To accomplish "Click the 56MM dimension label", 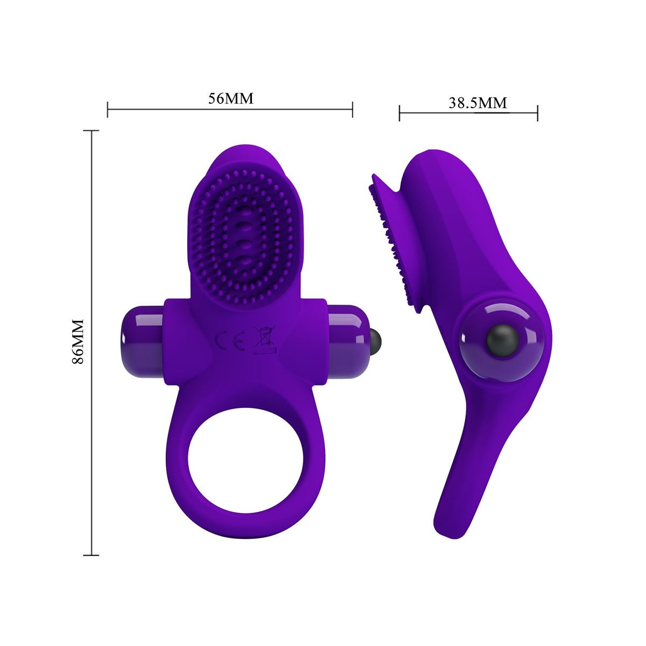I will click(230, 99).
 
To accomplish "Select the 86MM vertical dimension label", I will click(78, 342).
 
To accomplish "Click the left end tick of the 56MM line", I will click(108, 109).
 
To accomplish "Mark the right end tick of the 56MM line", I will click(352, 109).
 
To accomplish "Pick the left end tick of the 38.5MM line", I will click(399, 113).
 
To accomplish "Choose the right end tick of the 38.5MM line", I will click(538, 113).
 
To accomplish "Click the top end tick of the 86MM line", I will click(91, 131).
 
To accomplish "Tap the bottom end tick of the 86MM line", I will click(91, 554).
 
